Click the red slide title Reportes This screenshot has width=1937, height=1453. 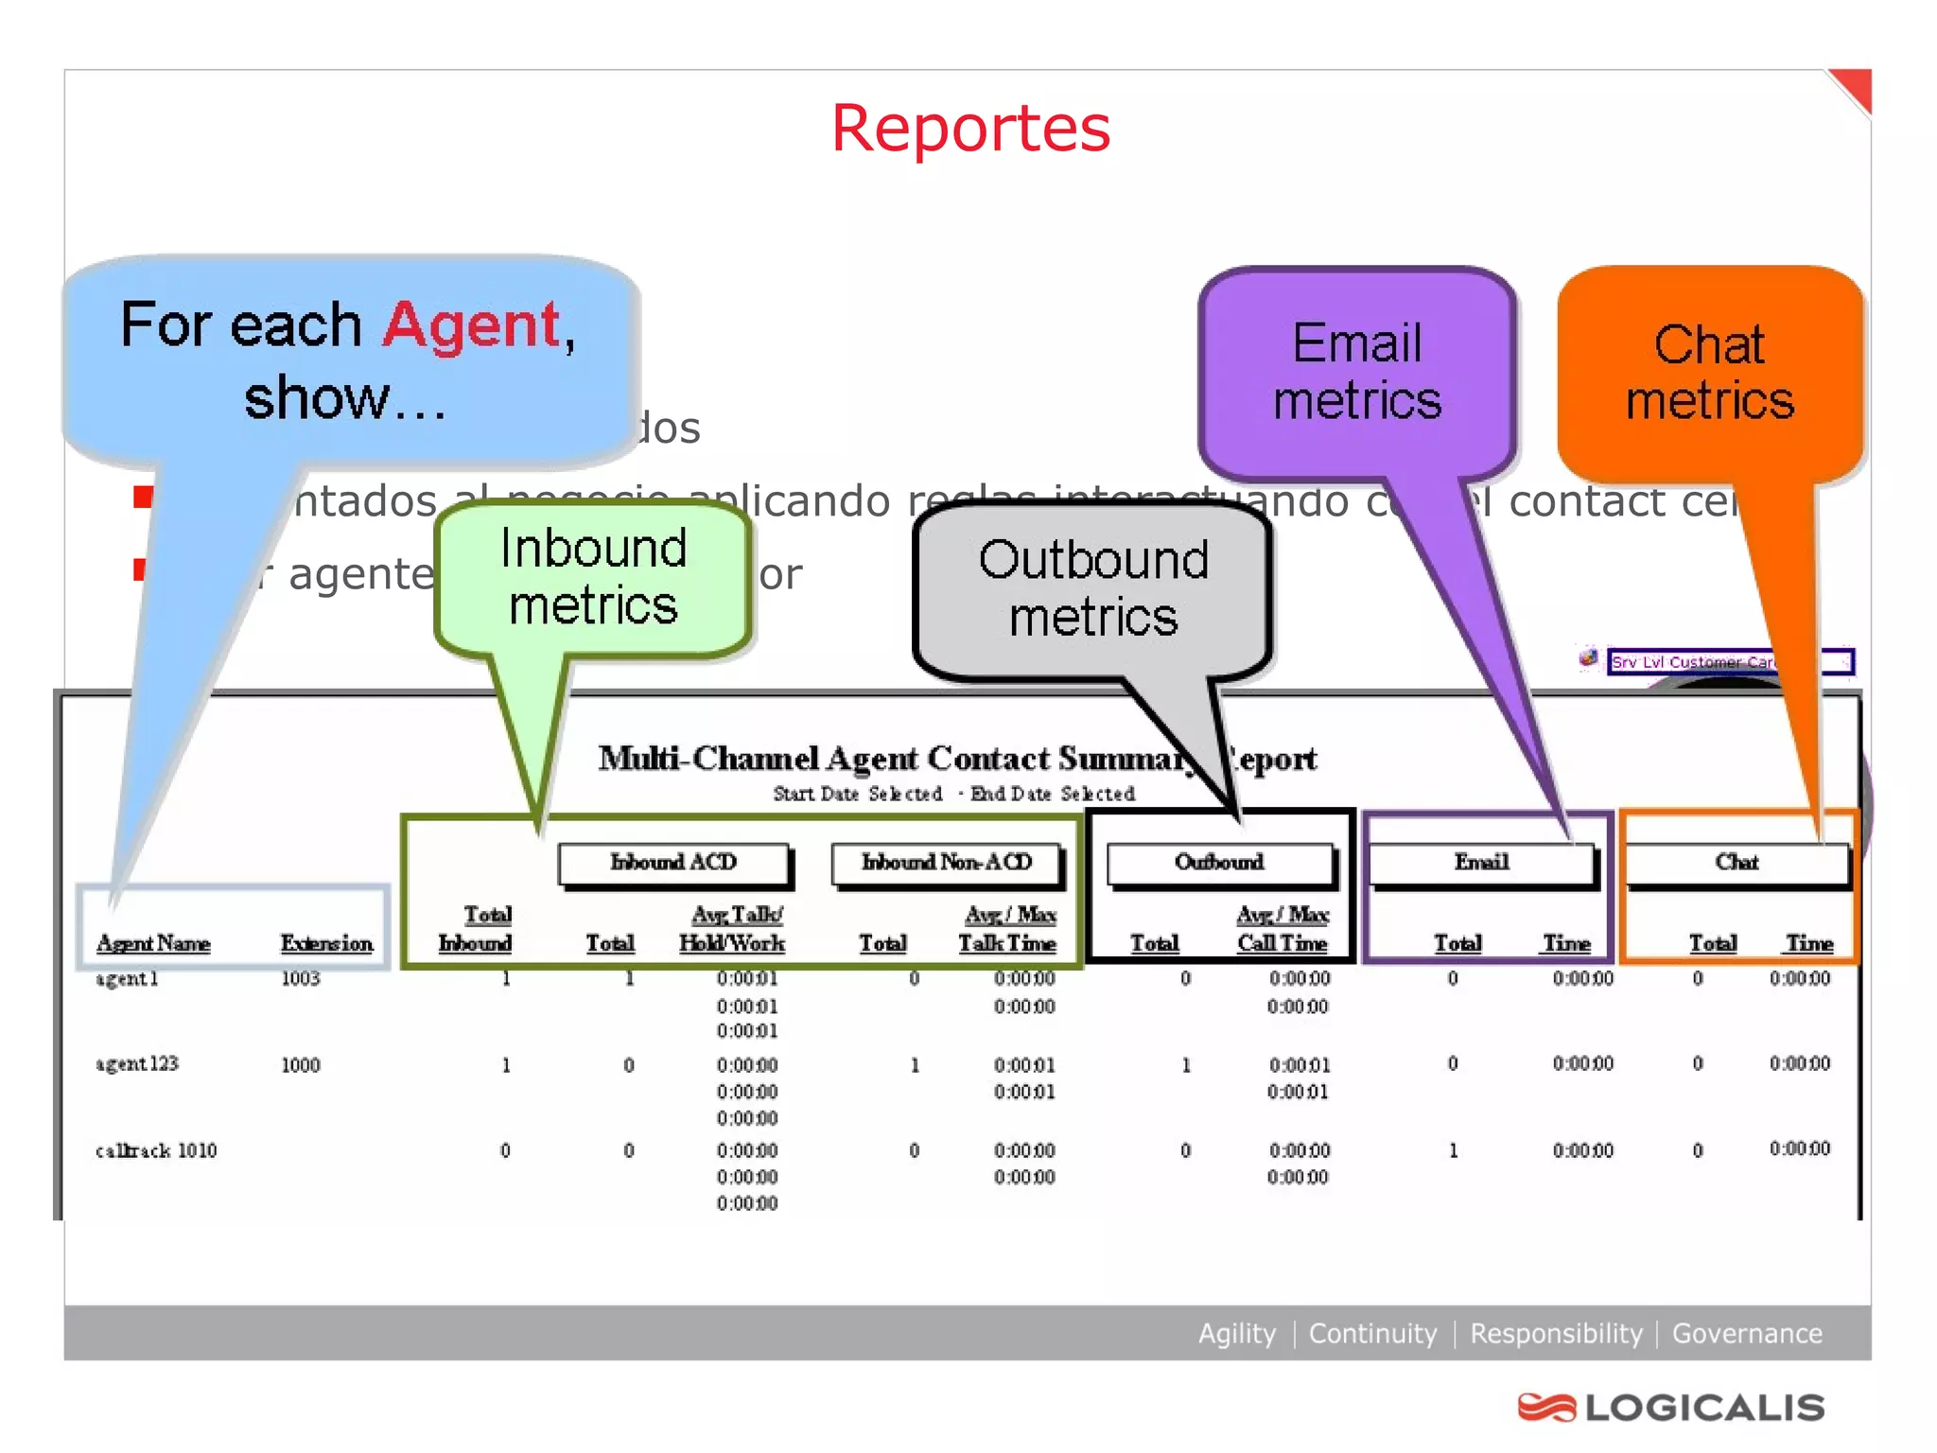point(970,129)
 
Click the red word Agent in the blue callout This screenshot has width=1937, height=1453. point(472,324)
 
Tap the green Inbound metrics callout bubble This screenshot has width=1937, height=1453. point(593,576)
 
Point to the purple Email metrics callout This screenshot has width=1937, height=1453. point(1357,372)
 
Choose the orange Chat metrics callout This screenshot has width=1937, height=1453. point(1710,372)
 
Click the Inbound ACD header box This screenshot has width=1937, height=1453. point(673,863)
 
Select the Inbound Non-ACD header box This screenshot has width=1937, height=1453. point(947,863)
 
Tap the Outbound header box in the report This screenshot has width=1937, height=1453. point(1219,863)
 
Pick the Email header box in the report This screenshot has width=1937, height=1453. point(1481,863)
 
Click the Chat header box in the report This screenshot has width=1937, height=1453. point(1736,863)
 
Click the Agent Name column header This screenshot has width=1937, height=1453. point(153,943)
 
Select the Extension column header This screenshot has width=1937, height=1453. point(326,943)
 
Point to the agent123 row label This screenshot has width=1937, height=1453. point(137,1064)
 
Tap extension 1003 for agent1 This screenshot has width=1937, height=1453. point(301,978)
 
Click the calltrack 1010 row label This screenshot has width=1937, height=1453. point(156,1150)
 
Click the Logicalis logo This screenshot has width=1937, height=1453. point(1671,1408)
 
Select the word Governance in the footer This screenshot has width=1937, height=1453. point(1747,1334)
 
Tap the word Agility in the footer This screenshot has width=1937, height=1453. point(1236,1334)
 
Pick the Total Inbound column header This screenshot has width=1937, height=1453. point(476,929)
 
